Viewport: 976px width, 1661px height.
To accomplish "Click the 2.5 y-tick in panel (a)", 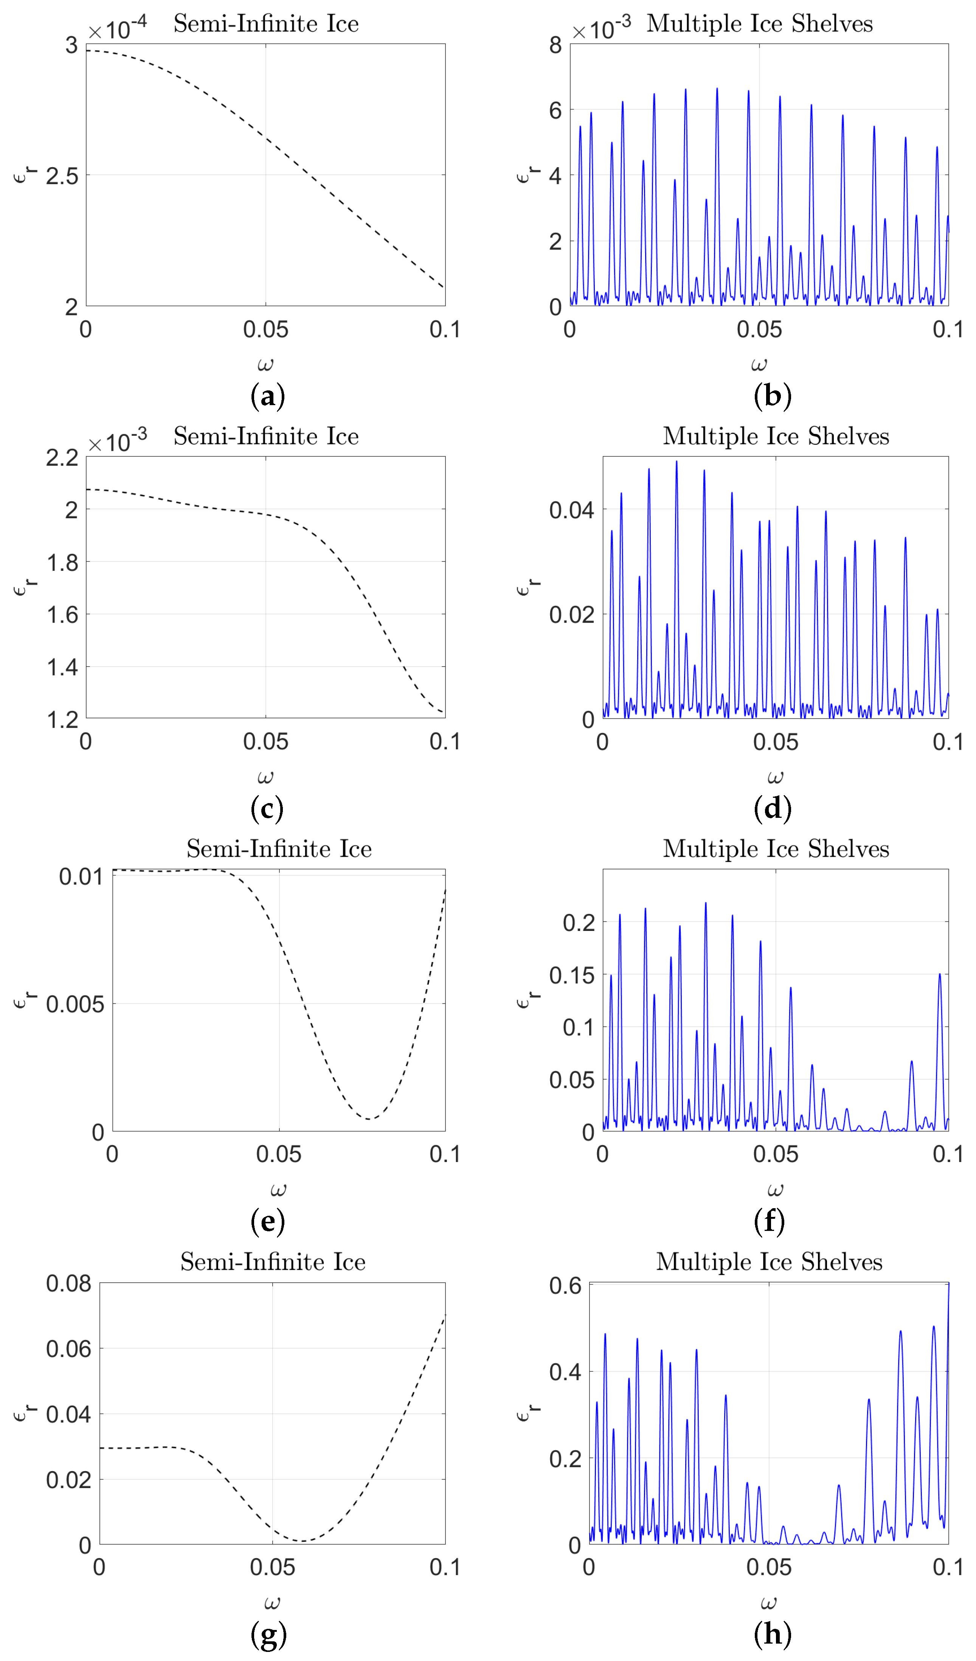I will tap(62, 176).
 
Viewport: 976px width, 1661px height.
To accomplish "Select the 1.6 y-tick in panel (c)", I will tap(62, 614).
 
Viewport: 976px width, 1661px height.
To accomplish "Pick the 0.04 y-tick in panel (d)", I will tap(571, 510).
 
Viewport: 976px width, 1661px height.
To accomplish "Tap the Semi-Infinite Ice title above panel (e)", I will tap(279, 848).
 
